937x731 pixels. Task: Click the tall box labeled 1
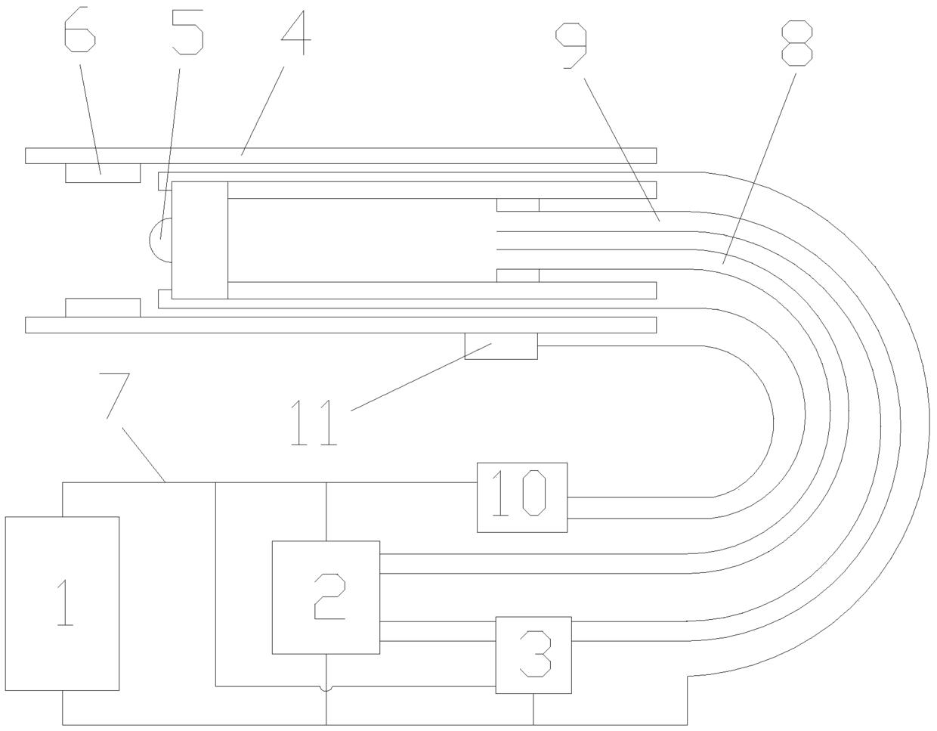click(62, 602)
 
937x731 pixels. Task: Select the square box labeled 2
click(326, 597)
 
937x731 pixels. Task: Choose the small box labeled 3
click(533, 655)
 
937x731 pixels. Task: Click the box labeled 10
click(521, 497)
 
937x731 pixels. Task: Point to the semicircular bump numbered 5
click(161, 240)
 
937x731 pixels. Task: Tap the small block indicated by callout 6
click(102, 172)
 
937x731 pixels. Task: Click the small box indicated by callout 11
click(501, 346)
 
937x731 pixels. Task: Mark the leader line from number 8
click(759, 166)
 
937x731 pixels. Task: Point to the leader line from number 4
click(262, 111)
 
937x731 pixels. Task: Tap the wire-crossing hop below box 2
click(326, 688)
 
